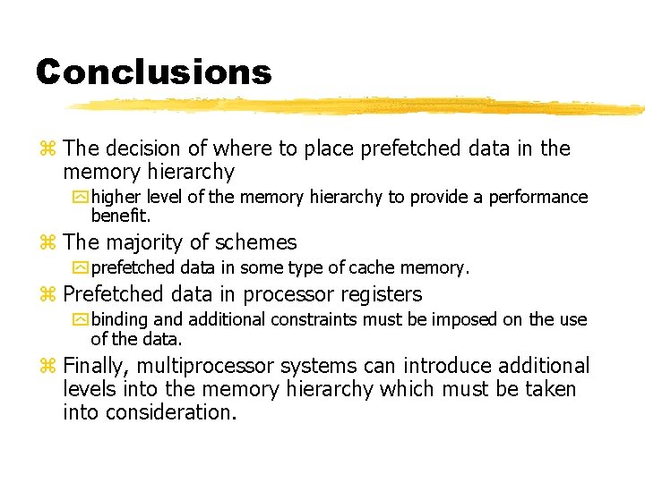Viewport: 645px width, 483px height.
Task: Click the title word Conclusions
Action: pyautogui.click(x=153, y=72)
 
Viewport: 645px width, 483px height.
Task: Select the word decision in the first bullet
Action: pyautogui.click(x=147, y=148)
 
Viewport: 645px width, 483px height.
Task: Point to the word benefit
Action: pyautogui.click(x=121, y=216)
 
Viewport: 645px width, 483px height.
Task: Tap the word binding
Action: pyautogui.click(x=119, y=319)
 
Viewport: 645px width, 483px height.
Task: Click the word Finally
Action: pyautogui.click(x=97, y=366)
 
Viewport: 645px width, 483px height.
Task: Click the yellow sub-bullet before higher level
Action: pyautogui.click(x=82, y=198)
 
